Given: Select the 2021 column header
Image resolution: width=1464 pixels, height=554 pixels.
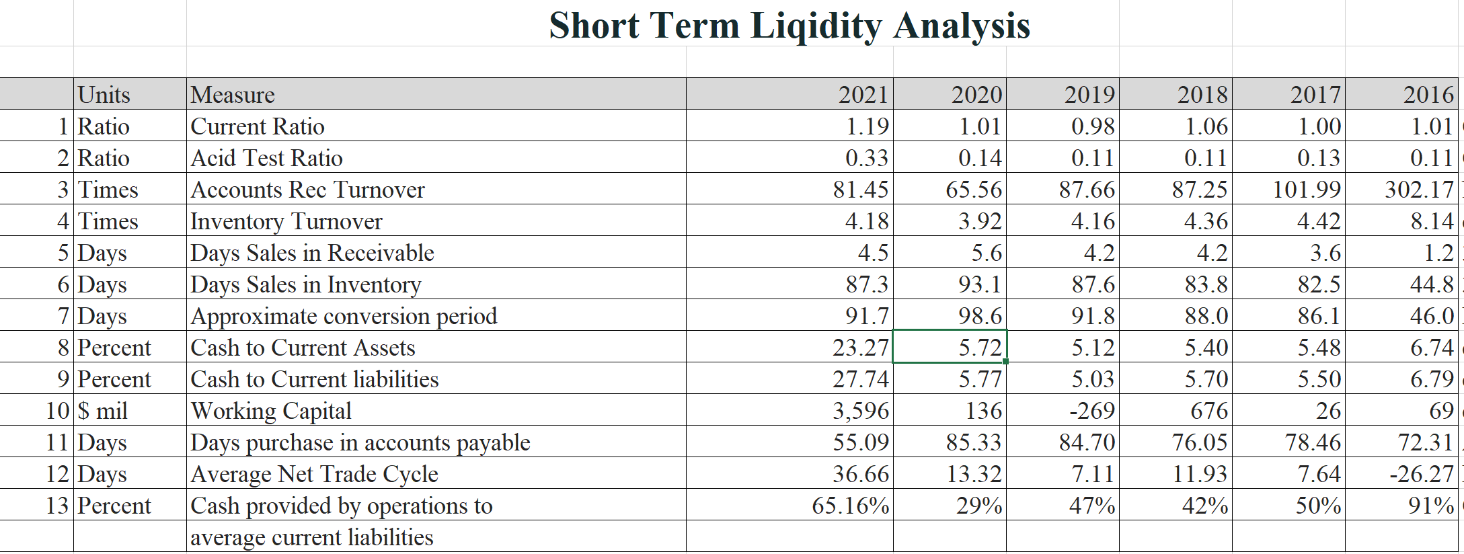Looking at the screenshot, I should pyautogui.click(x=863, y=95).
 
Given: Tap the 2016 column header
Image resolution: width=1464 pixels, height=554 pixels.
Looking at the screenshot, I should pyautogui.click(x=1428, y=95).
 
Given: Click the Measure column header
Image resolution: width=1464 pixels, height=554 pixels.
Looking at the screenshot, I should pyautogui.click(x=233, y=95).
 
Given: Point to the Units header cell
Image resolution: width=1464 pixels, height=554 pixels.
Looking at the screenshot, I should pyautogui.click(x=104, y=95).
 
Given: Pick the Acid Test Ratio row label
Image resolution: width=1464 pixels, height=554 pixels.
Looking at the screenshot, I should pyautogui.click(x=266, y=158).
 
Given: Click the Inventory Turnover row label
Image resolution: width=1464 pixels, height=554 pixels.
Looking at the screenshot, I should pyautogui.click(x=286, y=221).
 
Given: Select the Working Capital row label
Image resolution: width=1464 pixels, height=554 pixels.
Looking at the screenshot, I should pyautogui.click(x=270, y=411).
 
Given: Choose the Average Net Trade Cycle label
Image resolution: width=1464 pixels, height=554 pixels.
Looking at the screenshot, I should pyautogui.click(x=314, y=474).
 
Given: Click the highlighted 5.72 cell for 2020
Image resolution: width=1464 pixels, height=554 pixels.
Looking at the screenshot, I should pyautogui.click(x=980, y=348).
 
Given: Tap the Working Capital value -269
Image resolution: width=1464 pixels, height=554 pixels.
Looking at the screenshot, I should pyautogui.click(x=1092, y=411).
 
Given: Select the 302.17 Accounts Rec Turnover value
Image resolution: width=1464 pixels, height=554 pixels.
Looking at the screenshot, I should pyautogui.click(x=1419, y=190).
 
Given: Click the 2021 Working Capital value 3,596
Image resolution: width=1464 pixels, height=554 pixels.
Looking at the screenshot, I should pyautogui.click(x=861, y=411).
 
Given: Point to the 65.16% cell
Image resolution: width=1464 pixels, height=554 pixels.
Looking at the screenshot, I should pyautogui.click(x=850, y=506).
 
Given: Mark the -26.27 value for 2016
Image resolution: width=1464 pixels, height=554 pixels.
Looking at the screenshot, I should pyautogui.click(x=1422, y=474).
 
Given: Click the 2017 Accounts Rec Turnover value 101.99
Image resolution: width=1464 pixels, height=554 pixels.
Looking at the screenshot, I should pyautogui.click(x=1307, y=190).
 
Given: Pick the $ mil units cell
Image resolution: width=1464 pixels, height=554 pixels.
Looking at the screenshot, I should pyautogui.click(x=102, y=411).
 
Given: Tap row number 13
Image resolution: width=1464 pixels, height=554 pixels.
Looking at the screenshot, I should pyautogui.click(x=57, y=506).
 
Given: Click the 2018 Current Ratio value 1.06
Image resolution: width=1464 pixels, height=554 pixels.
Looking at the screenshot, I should pyautogui.click(x=1206, y=126).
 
